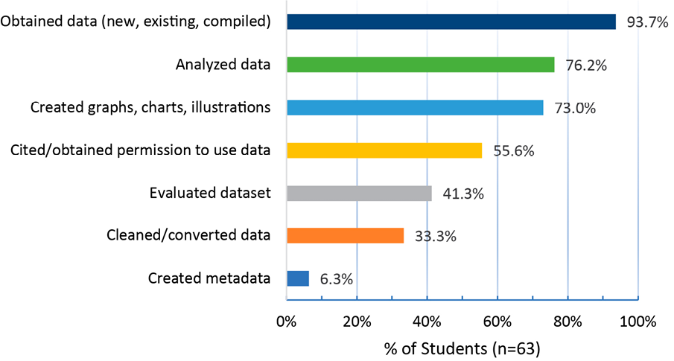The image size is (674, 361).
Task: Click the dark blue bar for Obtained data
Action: coord(451,22)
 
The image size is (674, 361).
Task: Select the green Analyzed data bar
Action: coord(421,65)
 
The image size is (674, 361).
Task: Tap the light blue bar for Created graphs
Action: coord(415,108)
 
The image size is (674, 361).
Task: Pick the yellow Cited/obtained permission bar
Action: coord(384,150)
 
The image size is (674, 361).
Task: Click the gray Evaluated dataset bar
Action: coord(359,194)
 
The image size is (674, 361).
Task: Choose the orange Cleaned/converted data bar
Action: coord(346,236)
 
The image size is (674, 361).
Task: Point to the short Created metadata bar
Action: coord(298,278)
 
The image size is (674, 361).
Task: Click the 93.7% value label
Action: coord(647,22)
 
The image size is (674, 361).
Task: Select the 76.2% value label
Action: coord(585,66)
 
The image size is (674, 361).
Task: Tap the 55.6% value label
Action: coord(514,151)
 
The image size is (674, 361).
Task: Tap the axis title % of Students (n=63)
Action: coord(462,348)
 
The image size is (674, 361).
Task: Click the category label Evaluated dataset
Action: coord(210,194)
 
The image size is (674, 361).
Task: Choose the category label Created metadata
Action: coord(209,278)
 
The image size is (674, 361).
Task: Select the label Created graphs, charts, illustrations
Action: coord(150,108)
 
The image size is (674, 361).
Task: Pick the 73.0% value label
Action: coord(574,109)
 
